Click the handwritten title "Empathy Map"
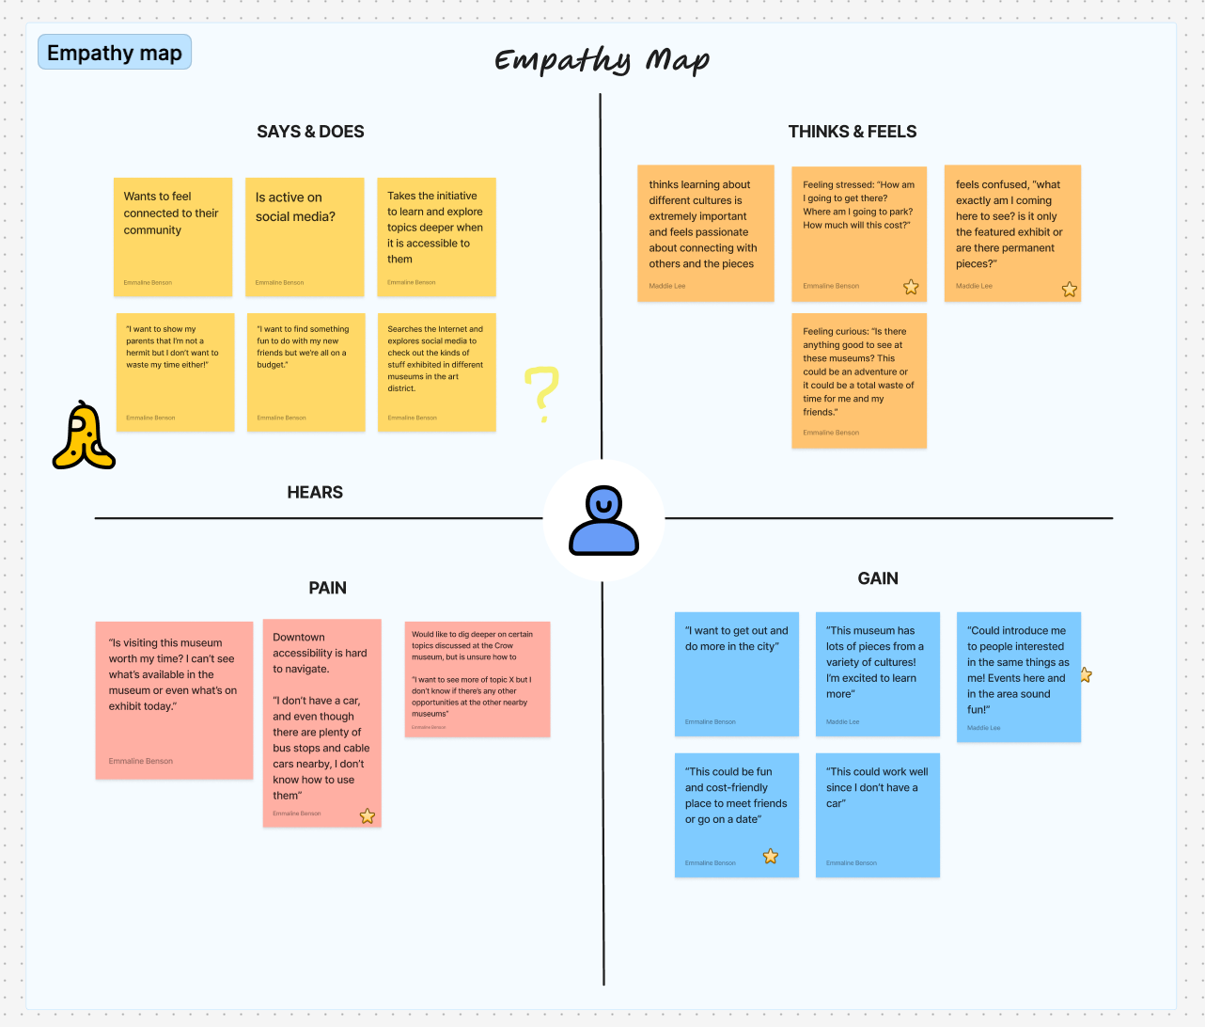coord(602,61)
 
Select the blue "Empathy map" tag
coord(115,53)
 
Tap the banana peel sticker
coord(84,436)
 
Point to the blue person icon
coord(603,520)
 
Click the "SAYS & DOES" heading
coord(310,132)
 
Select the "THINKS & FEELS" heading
coord(852,132)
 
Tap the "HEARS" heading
coord(315,492)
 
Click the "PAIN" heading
coord(327,588)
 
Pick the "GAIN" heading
coord(877,578)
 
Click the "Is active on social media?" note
coord(305,237)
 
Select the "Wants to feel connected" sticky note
coord(173,237)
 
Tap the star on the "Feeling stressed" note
coord(911,287)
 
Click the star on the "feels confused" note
coord(1070,290)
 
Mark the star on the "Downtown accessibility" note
coord(368,816)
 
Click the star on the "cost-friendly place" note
coord(771,856)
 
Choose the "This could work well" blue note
coord(877,814)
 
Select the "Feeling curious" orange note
coord(859,381)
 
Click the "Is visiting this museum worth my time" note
coord(174,700)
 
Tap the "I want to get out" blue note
coord(737,673)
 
